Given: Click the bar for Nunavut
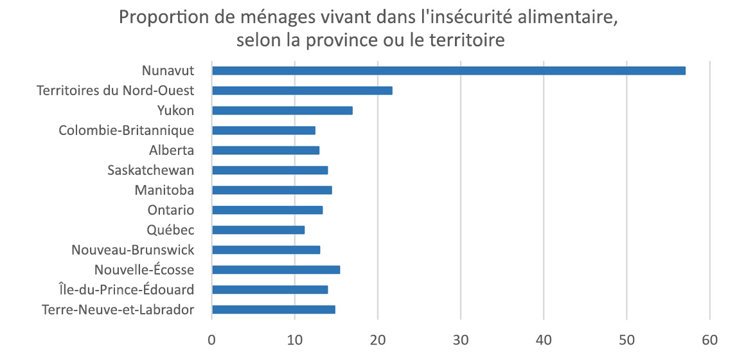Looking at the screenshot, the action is pos(448,71).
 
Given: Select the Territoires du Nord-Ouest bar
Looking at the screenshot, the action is pos(302,91).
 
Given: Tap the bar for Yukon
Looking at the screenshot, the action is pos(282,111).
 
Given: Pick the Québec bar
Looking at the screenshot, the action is pos(258,230).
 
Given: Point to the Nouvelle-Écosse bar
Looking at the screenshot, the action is pos(276,270).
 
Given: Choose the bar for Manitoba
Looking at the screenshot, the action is pos(272,190).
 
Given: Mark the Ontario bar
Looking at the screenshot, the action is pos(267,210).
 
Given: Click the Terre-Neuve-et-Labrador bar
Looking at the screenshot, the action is pos(274,310).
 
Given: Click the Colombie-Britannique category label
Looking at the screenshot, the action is pos(127,130).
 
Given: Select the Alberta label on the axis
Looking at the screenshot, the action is pos(172,150).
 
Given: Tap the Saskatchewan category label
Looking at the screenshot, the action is pos(150,170).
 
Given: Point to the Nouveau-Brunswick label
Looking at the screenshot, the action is pos(133,249).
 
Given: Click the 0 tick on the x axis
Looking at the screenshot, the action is pos(212,339).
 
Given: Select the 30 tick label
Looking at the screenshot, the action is pos(461,339).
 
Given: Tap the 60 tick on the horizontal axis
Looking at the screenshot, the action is pos(710,339).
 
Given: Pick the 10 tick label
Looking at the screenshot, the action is pos(295,339).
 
